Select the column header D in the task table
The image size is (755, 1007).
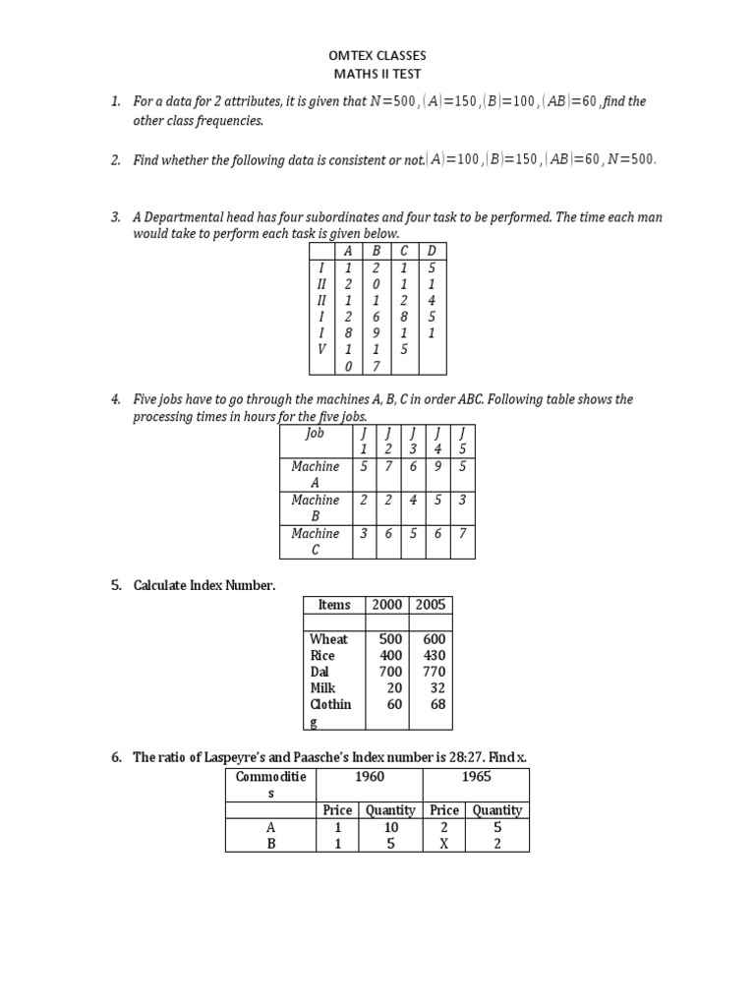(432, 251)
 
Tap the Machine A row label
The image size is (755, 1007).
(316, 474)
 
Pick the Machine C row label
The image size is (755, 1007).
(316, 541)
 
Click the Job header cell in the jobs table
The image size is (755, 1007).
(316, 433)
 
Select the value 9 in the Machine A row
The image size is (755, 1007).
(437, 466)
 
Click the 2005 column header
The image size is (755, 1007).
(431, 605)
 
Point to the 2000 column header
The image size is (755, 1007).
(387, 605)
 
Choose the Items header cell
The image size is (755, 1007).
(334, 605)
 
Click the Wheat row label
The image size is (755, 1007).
(328, 639)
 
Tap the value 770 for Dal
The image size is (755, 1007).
(434, 672)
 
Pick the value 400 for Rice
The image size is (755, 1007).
(391, 655)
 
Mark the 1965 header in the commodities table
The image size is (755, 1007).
(476, 777)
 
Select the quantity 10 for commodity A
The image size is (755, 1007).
(390, 827)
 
